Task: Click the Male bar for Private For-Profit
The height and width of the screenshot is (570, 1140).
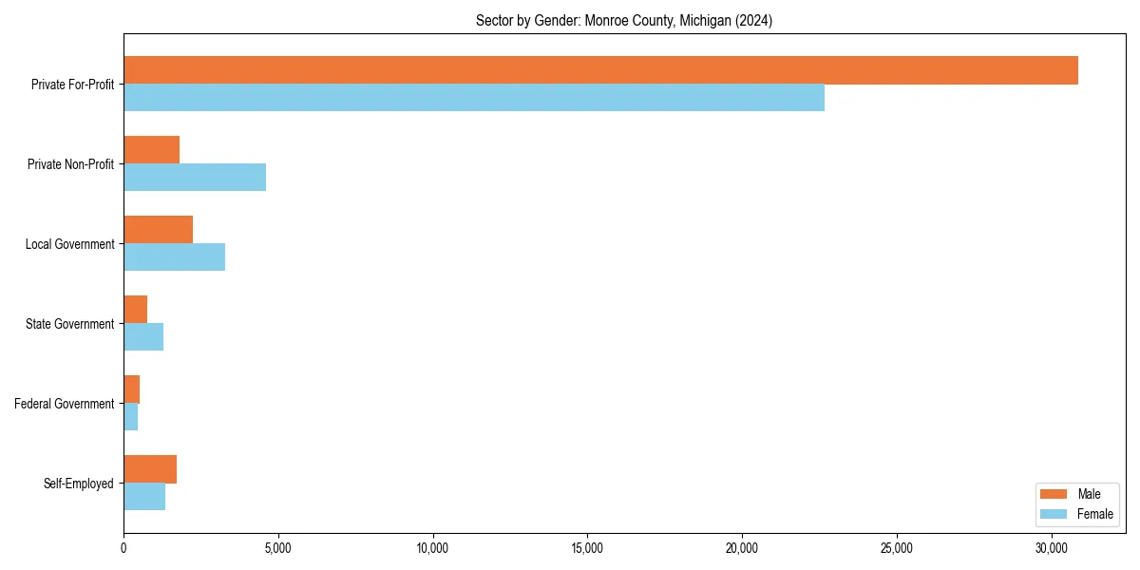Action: point(600,70)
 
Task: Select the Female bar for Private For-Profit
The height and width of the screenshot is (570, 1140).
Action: point(474,98)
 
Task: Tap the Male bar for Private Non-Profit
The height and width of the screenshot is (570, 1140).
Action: point(152,150)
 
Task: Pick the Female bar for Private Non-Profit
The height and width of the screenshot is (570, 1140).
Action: point(195,178)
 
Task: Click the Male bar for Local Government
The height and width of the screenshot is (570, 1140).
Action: point(159,230)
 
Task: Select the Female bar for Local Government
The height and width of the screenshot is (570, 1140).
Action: point(175,257)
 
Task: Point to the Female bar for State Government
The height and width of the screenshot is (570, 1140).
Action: point(143,337)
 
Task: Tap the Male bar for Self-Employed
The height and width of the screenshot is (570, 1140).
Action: point(150,469)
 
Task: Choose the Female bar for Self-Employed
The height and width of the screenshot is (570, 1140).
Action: point(144,497)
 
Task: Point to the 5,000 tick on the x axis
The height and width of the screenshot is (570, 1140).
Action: point(278,548)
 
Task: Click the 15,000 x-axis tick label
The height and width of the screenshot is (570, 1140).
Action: point(587,548)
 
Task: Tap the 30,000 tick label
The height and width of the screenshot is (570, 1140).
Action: point(1052,548)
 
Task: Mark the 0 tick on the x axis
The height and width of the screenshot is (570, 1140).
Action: point(123,548)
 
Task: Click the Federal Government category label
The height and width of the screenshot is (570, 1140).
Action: point(65,404)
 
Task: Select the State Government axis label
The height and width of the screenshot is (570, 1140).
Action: point(70,324)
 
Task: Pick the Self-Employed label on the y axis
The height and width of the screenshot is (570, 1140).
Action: point(79,484)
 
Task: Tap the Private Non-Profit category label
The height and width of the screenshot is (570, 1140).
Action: point(72,164)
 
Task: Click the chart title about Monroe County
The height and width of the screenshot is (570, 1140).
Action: point(624,21)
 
